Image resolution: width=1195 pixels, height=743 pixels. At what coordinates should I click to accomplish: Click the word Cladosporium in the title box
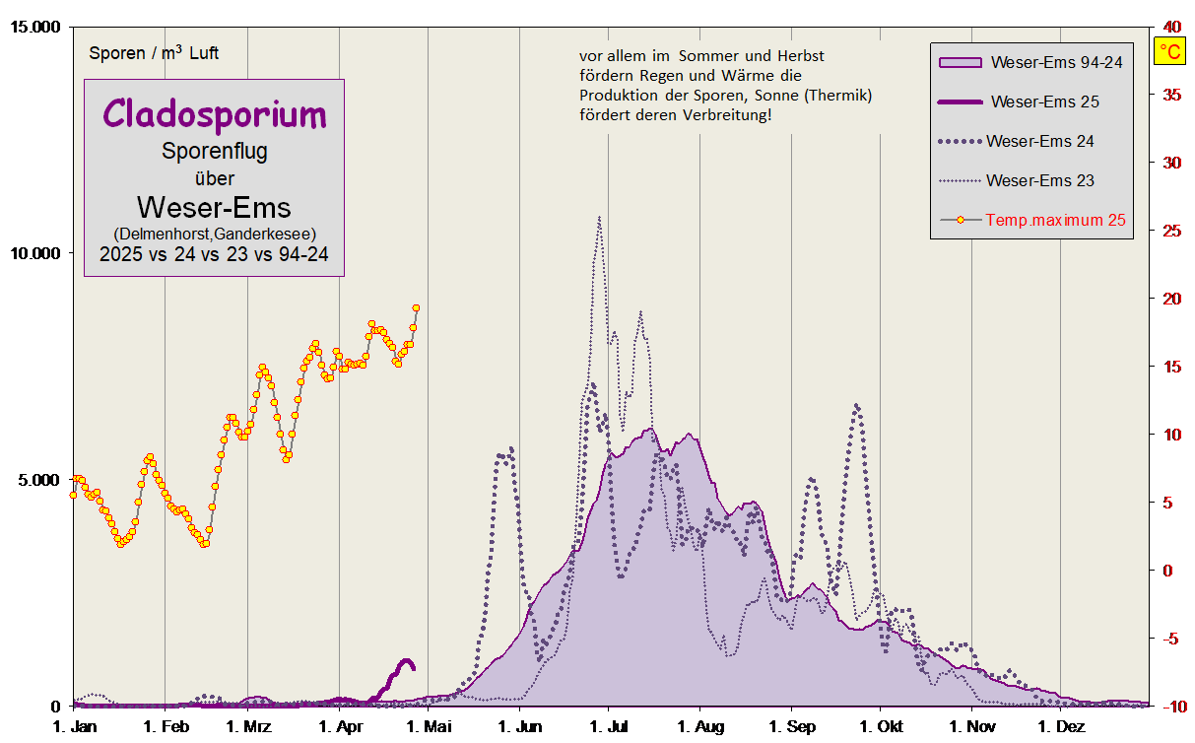click(214, 114)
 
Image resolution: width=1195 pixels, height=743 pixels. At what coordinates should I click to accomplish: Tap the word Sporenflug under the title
click(214, 151)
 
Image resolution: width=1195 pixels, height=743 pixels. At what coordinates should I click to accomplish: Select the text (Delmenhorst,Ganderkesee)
click(214, 234)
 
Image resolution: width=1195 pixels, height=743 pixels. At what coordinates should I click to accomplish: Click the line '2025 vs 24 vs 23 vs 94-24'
click(214, 253)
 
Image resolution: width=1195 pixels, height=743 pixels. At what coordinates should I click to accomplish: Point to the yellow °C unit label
click(1170, 51)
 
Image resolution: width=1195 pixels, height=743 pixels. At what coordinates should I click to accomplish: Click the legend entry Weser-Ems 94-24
click(1056, 62)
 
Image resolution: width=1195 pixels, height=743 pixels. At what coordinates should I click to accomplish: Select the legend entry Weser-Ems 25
click(1044, 101)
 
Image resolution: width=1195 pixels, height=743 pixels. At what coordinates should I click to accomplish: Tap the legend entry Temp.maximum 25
click(1055, 220)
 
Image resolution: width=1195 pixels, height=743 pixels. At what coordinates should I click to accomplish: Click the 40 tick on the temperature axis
click(1172, 26)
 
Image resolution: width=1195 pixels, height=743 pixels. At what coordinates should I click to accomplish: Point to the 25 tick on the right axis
click(1172, 231)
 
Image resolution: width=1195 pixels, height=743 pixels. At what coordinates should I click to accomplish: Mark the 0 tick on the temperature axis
click(1168, 572)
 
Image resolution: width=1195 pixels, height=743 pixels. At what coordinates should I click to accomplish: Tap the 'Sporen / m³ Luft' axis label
click(154, 53)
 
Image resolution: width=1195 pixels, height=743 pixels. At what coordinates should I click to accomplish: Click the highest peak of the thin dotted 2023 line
click(599, 218)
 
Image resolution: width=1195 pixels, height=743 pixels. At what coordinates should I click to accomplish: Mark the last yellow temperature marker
click(416, 308)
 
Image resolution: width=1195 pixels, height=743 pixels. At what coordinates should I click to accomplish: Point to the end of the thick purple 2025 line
click(413, 668)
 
